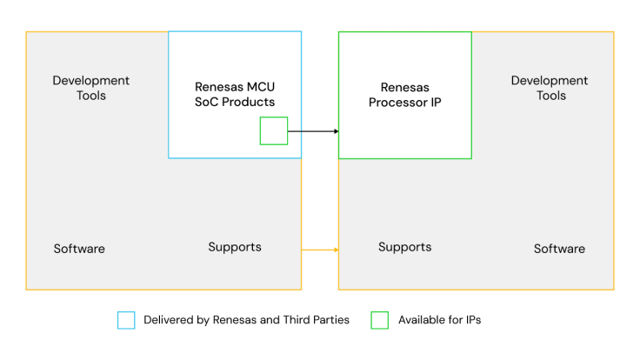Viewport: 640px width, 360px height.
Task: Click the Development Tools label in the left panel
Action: tap(90, 88)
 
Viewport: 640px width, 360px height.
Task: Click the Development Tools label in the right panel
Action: tap(549, 88)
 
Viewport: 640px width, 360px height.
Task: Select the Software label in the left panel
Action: tap(79, 249)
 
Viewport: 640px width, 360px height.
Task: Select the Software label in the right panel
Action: tap(559, 249)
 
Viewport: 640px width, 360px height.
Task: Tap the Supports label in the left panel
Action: tap(235, 247)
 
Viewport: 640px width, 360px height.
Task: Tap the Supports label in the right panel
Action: tap(404, 247)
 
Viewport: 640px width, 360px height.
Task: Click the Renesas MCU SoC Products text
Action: tap(235, 95)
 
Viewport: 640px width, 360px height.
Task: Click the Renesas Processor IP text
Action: tap(405, 95)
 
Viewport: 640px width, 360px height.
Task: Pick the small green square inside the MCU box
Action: tap(274, 131)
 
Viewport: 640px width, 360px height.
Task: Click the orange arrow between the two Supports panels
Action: tap(319, 250)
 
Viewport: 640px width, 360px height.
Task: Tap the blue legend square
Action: tap(126, 320)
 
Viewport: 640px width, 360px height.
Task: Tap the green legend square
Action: tap(380, 320)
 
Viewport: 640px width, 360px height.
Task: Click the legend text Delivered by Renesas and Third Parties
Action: tap(246, 320)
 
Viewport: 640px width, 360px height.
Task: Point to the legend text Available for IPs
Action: tap(439, 320)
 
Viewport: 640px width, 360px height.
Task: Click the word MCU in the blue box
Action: tap(260, 87)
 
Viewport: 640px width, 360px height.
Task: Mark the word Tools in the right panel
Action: tap(550, 96)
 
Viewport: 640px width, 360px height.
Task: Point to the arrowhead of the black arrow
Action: tap(336, 131)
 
